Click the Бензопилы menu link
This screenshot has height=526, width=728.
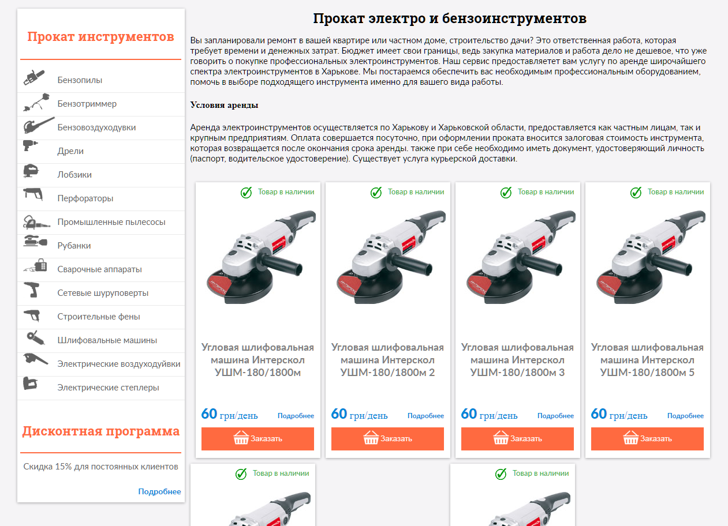[80, 80]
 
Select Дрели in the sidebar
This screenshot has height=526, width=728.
[70, 151]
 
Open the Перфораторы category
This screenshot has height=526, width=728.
[85, 198]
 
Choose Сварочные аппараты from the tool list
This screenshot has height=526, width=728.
[99, 269]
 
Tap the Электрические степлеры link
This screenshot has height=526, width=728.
[108, 388]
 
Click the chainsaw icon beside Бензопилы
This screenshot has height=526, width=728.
[34, 77]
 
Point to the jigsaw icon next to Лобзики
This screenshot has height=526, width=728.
[31, 171]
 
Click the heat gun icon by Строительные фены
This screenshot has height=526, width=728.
[32, 315]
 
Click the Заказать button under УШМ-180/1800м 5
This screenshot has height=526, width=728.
[647, 439]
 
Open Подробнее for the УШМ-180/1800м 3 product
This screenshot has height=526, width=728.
[555, 416]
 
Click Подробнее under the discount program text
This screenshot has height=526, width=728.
[159, 491]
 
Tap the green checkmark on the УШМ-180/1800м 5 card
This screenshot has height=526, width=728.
[636, 192]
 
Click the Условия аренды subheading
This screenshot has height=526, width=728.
[224, 105]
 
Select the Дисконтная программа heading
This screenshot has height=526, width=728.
[101, 431]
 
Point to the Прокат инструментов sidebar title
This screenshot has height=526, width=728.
[101, 36]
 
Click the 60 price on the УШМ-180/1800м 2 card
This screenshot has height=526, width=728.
[339, 414]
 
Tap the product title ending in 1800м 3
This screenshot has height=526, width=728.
[517, 360]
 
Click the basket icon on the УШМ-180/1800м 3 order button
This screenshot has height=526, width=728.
[501, 437]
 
